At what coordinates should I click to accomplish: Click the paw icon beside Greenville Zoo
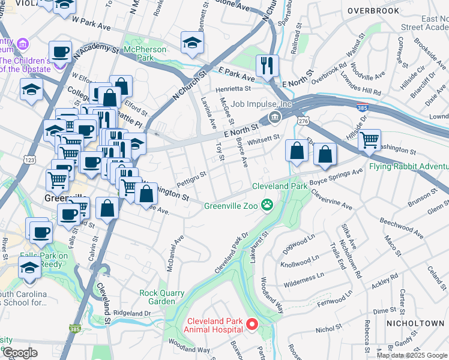pos(267,206)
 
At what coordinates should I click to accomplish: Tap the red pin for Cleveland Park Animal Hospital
pos(252,325)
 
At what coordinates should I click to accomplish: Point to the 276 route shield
pos(304,121)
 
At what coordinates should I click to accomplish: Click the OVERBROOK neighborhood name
pos(373,11)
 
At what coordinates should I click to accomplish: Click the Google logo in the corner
pos(19,353)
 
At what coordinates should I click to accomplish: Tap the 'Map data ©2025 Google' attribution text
pos(412,355)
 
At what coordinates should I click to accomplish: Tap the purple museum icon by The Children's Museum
pos(23,43)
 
